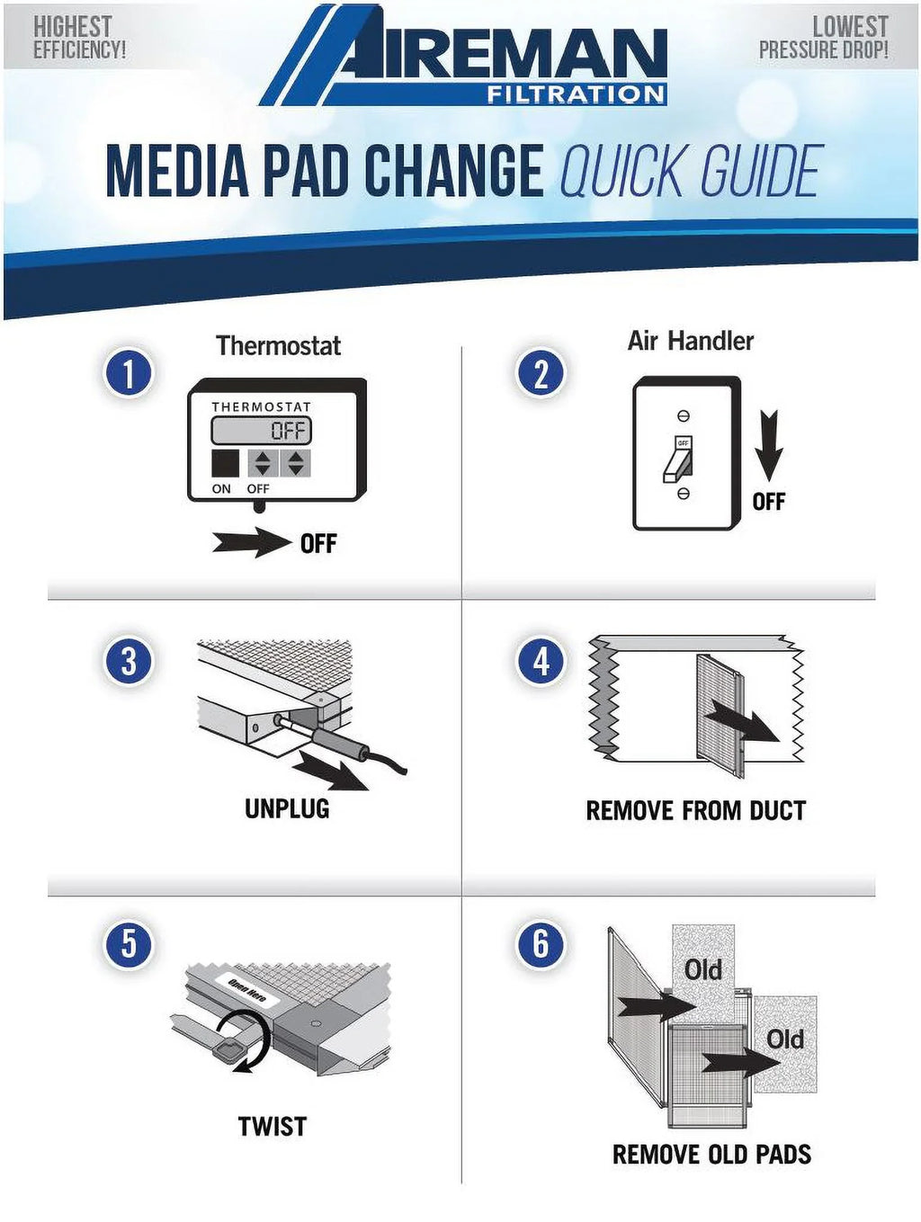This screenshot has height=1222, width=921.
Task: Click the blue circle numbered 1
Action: click(128, 373)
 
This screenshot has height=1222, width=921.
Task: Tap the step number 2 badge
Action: click(541, 373)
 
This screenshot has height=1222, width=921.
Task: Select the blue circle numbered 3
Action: click(128, 662)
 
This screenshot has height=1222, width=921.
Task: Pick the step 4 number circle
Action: click(541, 662)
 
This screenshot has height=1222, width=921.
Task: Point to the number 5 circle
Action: click(128, 943)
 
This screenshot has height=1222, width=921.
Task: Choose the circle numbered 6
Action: click(541, 943)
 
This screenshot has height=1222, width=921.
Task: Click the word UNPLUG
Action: click(287, 808)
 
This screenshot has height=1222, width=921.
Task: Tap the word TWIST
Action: click(273, 1126)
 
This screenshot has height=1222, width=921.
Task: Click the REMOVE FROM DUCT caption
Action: click(695, 810)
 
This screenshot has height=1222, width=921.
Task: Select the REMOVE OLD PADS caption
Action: click(711, 1154)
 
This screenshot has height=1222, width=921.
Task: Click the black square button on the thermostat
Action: click(225, 463)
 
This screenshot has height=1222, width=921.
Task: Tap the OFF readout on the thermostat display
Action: click(287, 431)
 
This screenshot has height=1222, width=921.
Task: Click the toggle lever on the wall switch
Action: click(676, 462)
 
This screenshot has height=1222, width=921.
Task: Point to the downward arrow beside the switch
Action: click(769, 445)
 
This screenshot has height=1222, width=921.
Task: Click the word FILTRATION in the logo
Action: click(576, 94)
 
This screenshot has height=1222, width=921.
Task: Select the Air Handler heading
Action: click(691, 341)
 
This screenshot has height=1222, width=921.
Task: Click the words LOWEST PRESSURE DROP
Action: click(823, 38)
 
